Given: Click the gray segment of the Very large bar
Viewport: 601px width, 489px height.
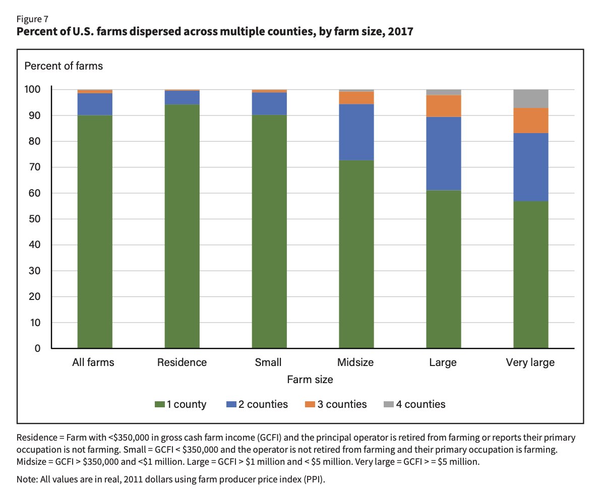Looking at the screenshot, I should coord(530,99).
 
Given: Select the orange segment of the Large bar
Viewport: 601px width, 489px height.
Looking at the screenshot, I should coord(443,106).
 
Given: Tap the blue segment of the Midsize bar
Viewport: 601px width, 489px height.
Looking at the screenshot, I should coord(356,132).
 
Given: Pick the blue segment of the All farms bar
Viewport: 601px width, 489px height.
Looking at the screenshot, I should coord(95,104).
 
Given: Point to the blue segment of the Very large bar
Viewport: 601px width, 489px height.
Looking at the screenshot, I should coord(530,167).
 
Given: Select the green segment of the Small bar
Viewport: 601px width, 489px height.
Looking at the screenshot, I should coord(269,231).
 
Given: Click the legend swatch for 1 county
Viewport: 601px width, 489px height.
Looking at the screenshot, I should coord(159,404).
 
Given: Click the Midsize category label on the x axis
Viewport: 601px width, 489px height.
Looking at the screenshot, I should coord(356,362).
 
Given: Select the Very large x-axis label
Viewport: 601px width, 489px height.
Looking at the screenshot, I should coord(530,362).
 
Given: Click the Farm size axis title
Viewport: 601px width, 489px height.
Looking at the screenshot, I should coord(310,379).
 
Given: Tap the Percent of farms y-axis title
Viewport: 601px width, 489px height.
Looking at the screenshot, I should coord(64,66).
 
